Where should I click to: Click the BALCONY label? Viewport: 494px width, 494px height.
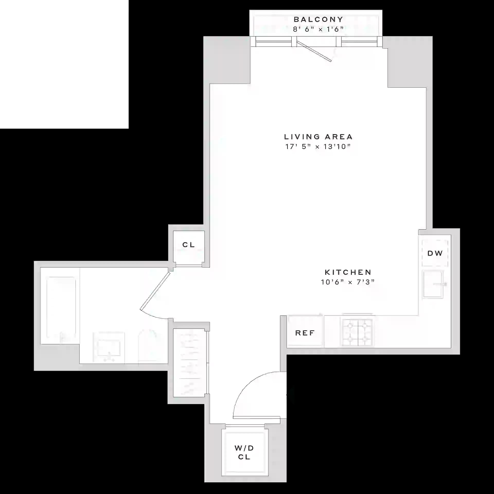pyautogui.click(x=318, y=20)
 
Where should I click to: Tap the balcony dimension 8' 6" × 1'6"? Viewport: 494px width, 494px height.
pyautogui.click(x=318, y=29)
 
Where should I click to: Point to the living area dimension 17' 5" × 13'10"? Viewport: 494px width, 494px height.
pyautogui.click(x=318, y=147)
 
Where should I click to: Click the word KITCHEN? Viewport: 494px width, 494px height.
pyautogui.click(x=348, y=272)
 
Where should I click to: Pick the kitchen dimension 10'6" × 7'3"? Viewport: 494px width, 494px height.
pyautogui.click(x=348, y=282)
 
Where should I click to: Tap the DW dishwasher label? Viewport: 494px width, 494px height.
pyautogui.click(x=435, y=253)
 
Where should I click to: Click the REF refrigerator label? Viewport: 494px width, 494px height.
pyautogui.click(x=305, y=333)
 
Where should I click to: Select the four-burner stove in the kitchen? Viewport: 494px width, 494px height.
pyautogui.click(x=357, y=332)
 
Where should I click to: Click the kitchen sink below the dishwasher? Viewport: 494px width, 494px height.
pyautogui.click(x=433, y=284)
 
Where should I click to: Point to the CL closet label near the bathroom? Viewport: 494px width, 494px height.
pyautogui.click(x=189, y=245)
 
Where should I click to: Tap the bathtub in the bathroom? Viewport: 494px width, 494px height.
pyautogui.click(x=61, y=310)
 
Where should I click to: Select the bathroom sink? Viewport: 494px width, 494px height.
pyautogui.click(x=109, y=347)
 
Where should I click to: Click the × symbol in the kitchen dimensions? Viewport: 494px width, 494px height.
pyautogui.click(x=350, y=283)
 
